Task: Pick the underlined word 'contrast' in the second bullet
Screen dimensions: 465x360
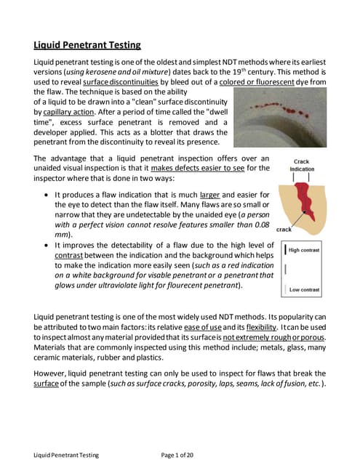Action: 71,256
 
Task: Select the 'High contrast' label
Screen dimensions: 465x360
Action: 304,251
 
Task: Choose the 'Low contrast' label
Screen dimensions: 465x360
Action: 304,290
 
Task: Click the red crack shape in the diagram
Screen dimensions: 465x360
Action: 303,199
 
